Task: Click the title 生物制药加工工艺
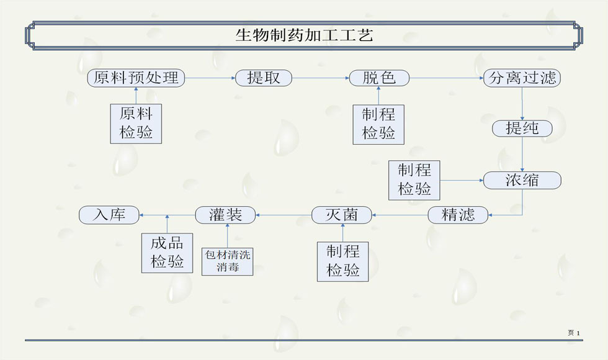point(304,35)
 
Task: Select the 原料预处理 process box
point(136,78)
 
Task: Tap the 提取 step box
point(263,78)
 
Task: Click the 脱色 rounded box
point(379,78)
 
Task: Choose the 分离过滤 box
point(522,78)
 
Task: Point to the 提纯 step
point(522,128)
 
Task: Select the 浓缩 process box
point(522,180)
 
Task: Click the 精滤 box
point(458,215)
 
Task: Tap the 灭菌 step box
point(342,215)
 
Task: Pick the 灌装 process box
point(226,215)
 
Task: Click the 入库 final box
point(109,215)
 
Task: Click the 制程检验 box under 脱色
point(378,125)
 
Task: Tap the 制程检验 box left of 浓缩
point(414,180)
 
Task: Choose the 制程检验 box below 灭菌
point(342,261)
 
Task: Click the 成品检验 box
point(167,253)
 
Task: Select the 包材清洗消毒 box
point(228,261)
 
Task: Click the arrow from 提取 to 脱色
point(320,78)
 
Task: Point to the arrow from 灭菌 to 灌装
point(284,215)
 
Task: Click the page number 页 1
point(573,333)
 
